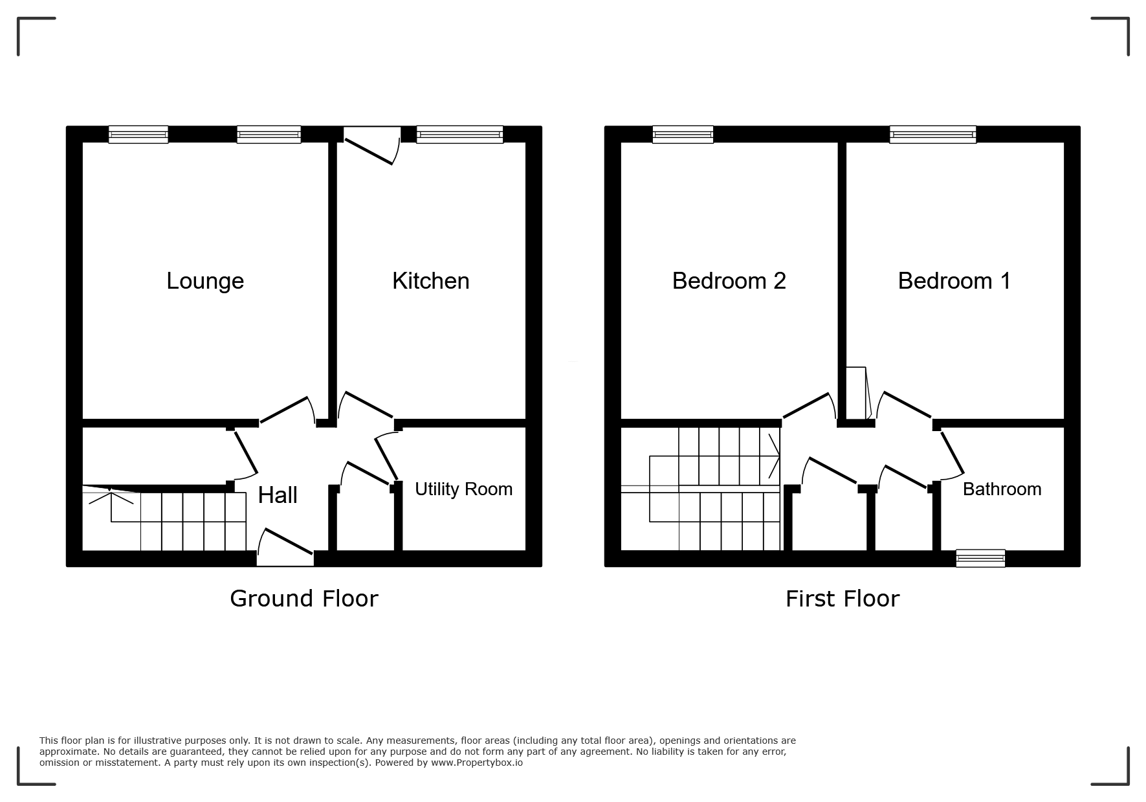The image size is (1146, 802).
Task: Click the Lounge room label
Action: pos(205,281)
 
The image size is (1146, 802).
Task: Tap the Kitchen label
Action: pos(431,281)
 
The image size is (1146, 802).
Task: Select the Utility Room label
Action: pos(463,489)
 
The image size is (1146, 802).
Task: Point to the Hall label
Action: pos(278,495)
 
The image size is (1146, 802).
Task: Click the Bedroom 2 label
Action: pos(729,281)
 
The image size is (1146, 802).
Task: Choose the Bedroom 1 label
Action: pos(954,281)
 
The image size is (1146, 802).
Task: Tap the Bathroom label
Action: pos(1002,489)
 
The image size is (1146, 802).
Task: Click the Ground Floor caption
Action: pos(304,599)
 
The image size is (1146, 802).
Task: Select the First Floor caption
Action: pos(843,599)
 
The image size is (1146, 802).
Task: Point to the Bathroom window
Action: pos(981,558)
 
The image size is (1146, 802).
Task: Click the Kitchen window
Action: pos(460,135)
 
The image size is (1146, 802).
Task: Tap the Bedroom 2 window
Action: pos(683,135)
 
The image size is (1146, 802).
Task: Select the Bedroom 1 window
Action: pos(932,135)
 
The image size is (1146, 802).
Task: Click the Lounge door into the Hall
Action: pos(287,411)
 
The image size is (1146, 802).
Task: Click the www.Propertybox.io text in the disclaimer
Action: pos(477,763)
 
